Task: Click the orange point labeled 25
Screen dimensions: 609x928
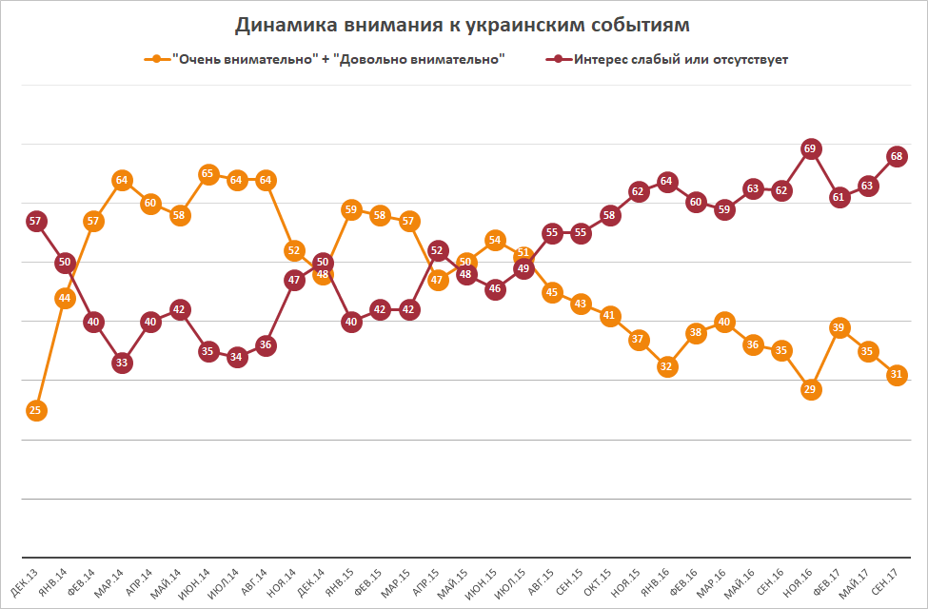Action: [35, 411]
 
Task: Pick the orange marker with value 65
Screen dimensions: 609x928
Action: [208, 173]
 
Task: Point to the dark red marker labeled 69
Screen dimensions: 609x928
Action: [811, 149]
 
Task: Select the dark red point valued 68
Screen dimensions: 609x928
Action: [897, 155]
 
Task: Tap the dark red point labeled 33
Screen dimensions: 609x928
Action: [122, 363]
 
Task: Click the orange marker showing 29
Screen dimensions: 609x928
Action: [811, 389]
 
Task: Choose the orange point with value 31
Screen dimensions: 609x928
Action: [897, 375]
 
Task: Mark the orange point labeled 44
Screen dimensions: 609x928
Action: [65, 298]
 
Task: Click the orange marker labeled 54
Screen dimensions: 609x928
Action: [495, 240]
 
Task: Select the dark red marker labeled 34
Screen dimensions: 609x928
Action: [237, 357]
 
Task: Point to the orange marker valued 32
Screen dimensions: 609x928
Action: [667, 366]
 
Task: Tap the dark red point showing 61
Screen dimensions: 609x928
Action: [839, 198]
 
